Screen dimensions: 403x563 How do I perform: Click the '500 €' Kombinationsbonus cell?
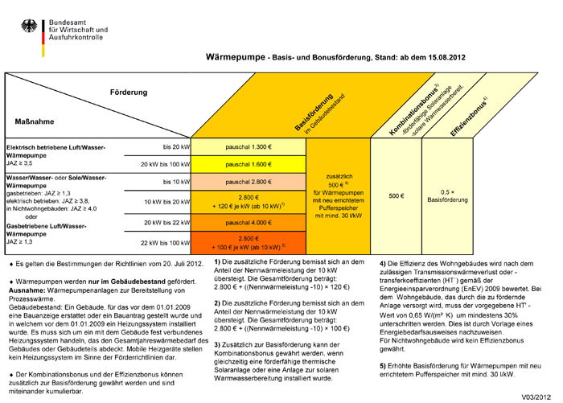tap(396, 195)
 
